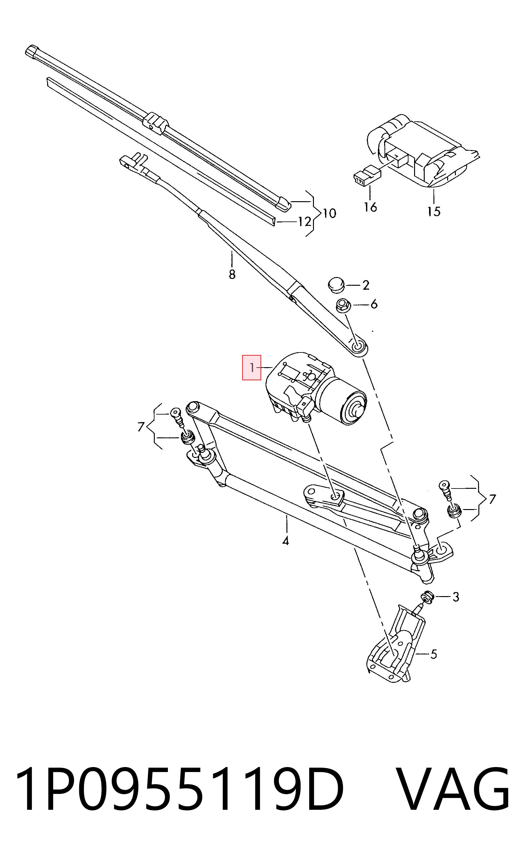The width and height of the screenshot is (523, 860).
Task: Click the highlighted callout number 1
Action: [x=252, y=367]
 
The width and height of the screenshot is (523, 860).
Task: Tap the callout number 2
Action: [x=365, y=285]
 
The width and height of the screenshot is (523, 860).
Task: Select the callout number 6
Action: [x=374, y=304]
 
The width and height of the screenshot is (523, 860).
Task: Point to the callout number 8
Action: [x=232, y=274]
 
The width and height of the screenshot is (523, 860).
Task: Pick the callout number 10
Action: [x=329, y=213]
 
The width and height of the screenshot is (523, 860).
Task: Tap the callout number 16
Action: [x=370, y=207]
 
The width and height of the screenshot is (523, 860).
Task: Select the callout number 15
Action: [x=434, y=211]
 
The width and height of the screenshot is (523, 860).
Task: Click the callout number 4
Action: [x=286, y=541]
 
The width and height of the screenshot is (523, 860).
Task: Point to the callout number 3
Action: [x=456, y=597]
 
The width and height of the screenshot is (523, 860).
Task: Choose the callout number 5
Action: [x=433, y=654]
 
